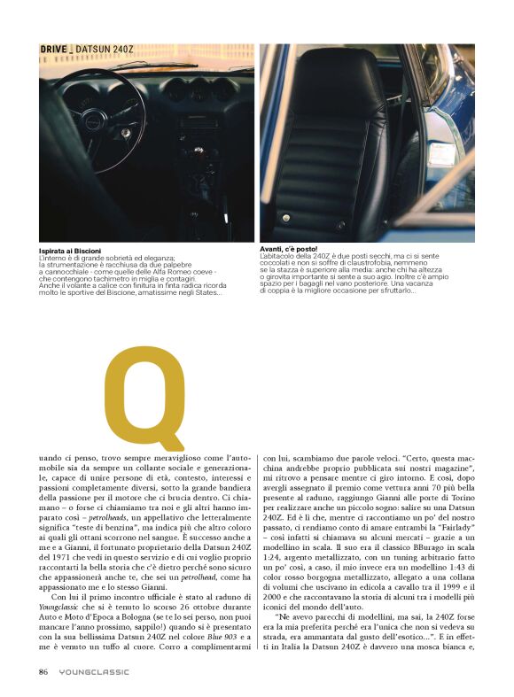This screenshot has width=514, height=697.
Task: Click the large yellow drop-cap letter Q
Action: tap(143, 398)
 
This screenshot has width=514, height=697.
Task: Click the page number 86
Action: tap(43, 671)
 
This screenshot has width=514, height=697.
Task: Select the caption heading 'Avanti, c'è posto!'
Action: tap(288, 249)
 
